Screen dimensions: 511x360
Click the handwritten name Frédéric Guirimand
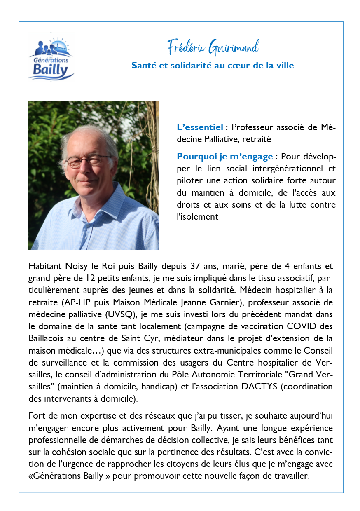213,47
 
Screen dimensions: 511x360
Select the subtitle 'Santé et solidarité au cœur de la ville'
213,65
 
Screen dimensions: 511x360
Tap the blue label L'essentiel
200,127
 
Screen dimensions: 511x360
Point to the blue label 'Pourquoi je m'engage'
224,157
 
